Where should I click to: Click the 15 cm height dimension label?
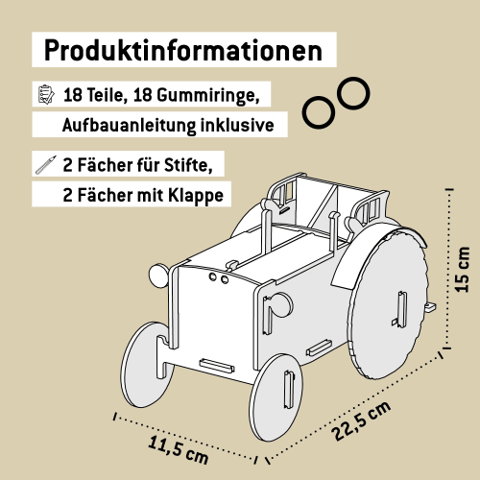coord(462,268)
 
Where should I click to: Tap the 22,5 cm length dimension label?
coord(362,420)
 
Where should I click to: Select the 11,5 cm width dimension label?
coord(178,447)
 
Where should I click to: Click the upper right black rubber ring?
coord(351,93)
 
